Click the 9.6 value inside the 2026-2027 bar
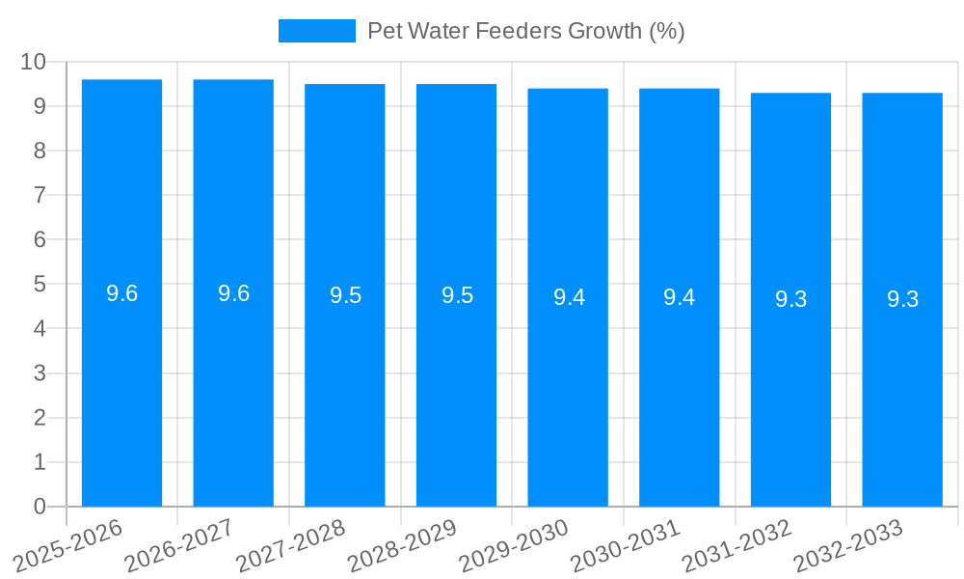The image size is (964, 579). click(x=233, y=294)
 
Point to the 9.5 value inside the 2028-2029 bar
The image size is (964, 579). click(x=457, y=296)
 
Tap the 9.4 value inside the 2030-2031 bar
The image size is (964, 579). click(x=679, y=297)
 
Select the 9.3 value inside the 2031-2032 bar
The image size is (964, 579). click(x=790, y=299)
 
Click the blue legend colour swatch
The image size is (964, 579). click(x=316, y=31)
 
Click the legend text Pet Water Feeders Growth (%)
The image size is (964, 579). click(x=525, y=31)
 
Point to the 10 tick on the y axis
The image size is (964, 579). click(x=34, y=62)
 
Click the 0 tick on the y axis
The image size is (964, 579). click(x=40, y=507)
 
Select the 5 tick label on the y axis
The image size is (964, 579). click(x=40, y=285)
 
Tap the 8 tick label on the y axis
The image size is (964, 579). click(x=40, y=151)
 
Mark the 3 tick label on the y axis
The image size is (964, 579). click(x=40, y=373)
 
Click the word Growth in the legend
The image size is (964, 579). click(x=605, y=31)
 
